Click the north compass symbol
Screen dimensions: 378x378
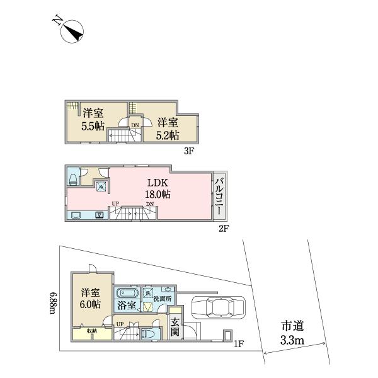[x=71, y=31]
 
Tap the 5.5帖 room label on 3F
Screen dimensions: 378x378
[x=93, y=119]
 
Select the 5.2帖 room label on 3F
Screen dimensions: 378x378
[x=167, y=128]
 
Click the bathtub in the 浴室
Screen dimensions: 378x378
[x=127, y=294]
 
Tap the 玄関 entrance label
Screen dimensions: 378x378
[x=175, y=326]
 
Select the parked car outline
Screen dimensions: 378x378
[x=215, y=308]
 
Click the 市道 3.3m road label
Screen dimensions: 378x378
[x=293, y=333]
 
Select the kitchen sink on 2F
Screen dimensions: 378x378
[x=99, y=215]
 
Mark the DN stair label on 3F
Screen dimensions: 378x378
[x=135, y=125]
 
